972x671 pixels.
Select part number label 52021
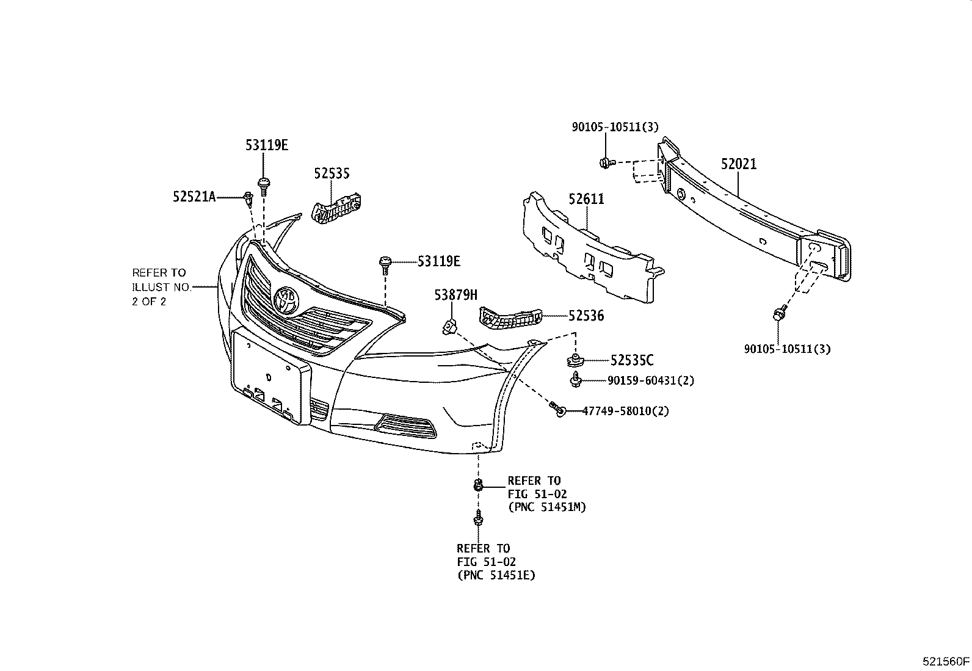coord(738,164)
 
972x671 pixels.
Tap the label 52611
coord(586,199)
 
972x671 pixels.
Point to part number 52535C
coord(631,361)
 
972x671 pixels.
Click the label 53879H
coord(455,296)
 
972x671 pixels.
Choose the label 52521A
coord(194,197)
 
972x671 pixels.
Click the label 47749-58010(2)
coord(625,412)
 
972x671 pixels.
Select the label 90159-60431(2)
coord(651,381)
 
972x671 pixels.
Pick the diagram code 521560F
coord(946,661)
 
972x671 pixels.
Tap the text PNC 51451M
coord(547,507)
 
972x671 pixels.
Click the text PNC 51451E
coord(496,575)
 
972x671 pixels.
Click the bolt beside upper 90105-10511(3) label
coord(604,162)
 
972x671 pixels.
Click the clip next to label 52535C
coord(575,360)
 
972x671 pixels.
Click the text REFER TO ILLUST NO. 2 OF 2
coord(159,287)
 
